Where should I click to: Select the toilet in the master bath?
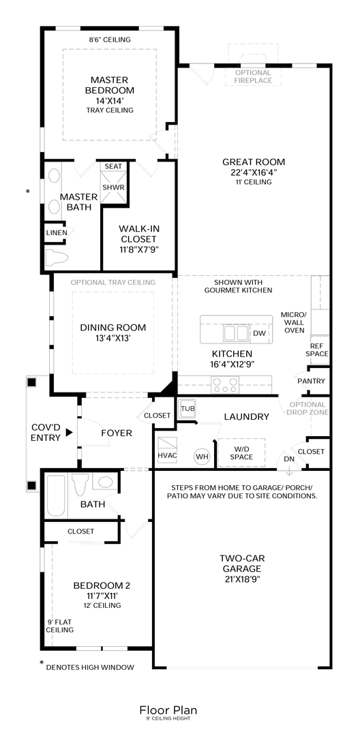click(57, 257)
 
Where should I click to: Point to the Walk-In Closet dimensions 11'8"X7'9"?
click(138, 249)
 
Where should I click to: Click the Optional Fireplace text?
click(254, 76)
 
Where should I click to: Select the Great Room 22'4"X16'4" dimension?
click(254, 172)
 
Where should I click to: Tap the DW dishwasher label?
click(259, 333)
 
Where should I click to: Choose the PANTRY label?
click(311, 381)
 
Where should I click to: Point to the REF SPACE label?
click(317, 350)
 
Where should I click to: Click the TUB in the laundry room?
click(187, 409)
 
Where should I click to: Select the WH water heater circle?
click(202, 456)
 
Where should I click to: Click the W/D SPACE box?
click(241, 453)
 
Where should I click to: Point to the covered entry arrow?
click(69, 432)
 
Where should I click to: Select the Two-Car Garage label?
click(242, 568)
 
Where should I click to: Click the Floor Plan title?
click(168, 709)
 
